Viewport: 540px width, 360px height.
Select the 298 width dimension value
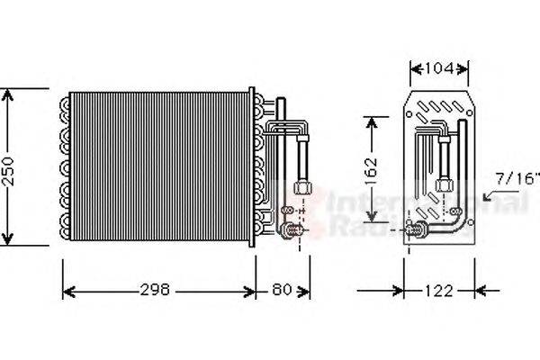pyautogui.click(x=159, y=291)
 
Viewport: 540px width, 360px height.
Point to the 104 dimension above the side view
pyautogui.click(x=439, y=68)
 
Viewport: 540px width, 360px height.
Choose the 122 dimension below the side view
pyautogui.click(x=439, y=291)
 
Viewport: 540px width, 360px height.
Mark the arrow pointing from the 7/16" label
pyautogui.click(x=491, y=193)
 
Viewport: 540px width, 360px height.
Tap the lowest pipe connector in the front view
pyautogui.click(x=291, y=232)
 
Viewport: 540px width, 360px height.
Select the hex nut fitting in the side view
pyautogui.click(x=443, y=184)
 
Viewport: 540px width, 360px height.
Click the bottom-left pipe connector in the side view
pyautogui.click(x=418, y=230)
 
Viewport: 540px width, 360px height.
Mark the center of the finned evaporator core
pyautogui.click(x=159, y=166)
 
